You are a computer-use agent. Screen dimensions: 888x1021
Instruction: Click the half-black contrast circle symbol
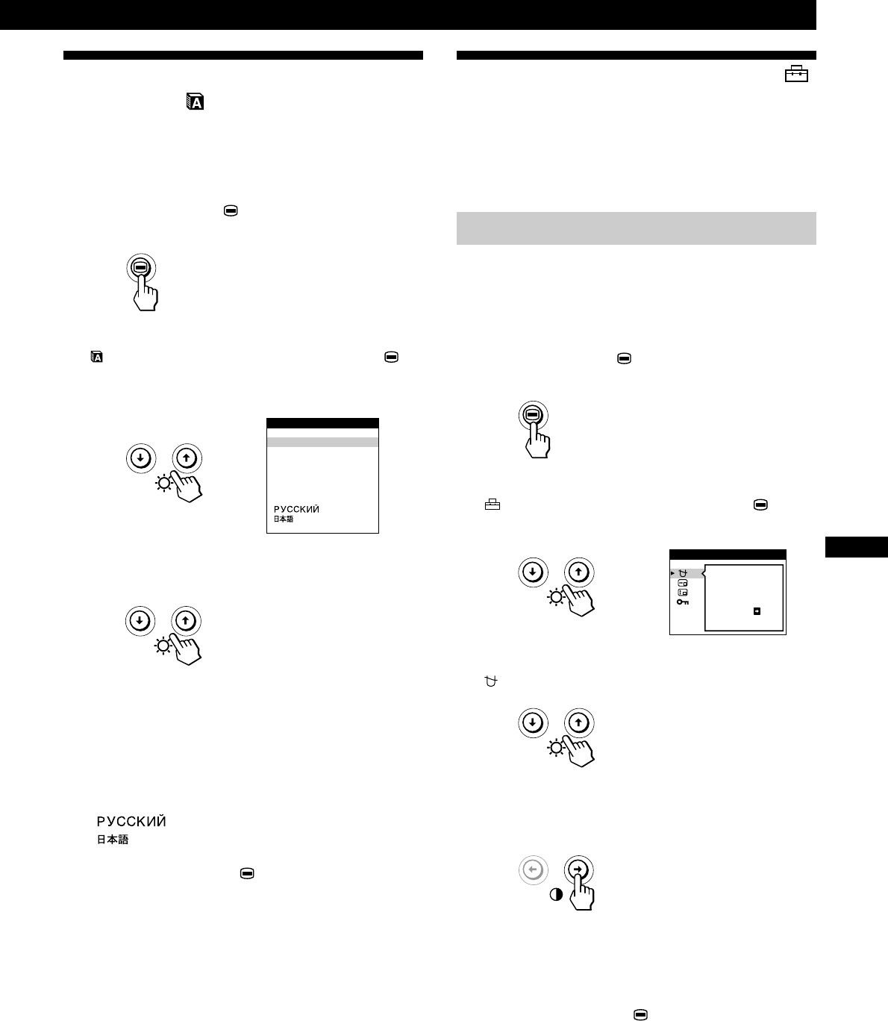[x=556, y=895]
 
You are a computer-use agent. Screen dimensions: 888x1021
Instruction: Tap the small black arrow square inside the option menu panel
[x=757, y=611]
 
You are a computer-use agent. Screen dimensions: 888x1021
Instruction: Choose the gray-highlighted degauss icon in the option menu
[x=683, y=573]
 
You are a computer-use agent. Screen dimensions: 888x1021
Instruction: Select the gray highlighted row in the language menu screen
[x=322, y=442]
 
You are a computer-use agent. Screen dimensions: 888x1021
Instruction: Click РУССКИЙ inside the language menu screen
[x=296, y=510]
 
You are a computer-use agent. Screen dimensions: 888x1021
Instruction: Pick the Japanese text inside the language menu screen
[x=283, y=519]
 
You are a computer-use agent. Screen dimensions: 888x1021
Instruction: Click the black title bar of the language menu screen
[x=322, y=422]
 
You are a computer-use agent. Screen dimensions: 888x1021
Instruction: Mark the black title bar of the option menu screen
[x=728, y=555]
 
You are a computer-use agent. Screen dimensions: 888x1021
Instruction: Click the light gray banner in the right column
[x=636, y=228]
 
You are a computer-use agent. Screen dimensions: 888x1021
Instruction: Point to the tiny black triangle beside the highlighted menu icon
[x=672, y=573]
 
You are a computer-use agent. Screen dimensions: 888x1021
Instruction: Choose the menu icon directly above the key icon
[x=683, y=593]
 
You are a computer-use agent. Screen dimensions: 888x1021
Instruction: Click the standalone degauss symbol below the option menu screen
[x=490, y=681]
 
